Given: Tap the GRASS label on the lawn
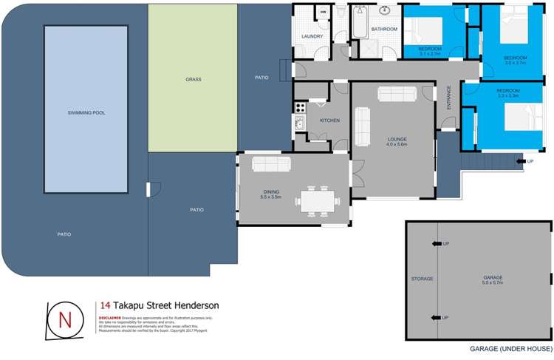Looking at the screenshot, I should point(193,79).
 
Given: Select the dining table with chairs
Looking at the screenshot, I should point(319,200).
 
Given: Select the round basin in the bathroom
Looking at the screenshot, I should point(386,10).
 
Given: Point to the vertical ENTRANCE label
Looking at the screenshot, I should point(448,99).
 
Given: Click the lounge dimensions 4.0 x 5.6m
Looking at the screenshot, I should point(397,145).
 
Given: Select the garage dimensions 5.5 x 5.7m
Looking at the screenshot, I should point(491,283).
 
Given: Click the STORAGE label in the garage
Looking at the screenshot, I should point(422,279).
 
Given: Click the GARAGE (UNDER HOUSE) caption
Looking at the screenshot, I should point(510,348).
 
